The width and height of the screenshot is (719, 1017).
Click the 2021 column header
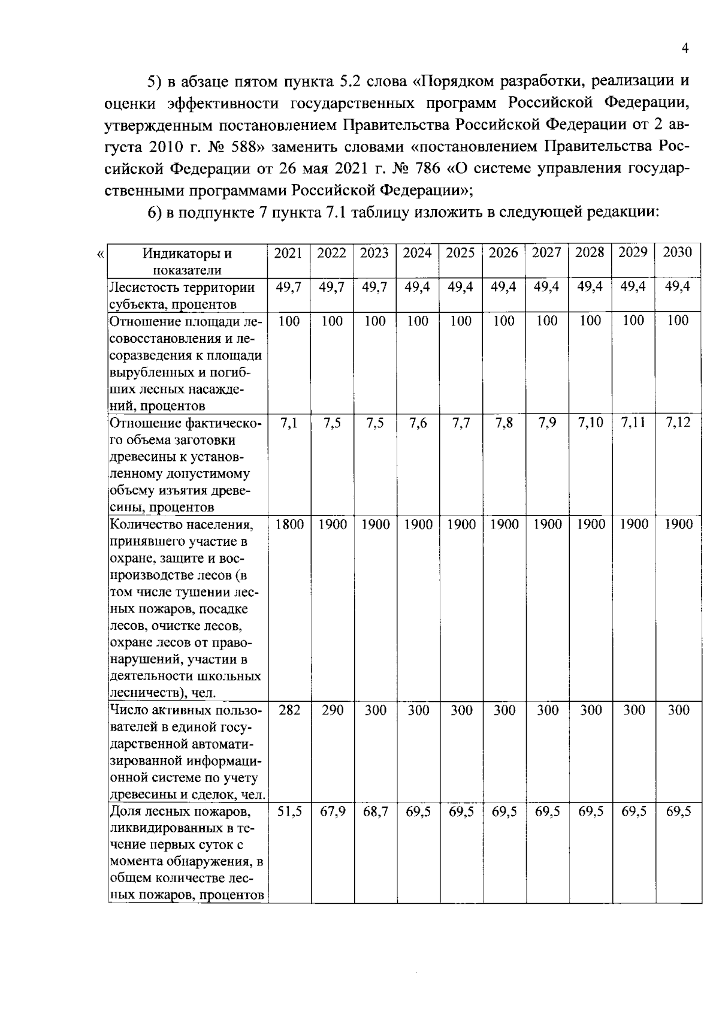click(288, 253)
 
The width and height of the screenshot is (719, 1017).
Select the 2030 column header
click(678, 252)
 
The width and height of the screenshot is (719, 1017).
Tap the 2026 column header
click(503, 253)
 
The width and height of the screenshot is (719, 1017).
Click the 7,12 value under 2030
click(678, 423)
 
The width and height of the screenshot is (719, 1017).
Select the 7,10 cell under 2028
click(590, 423)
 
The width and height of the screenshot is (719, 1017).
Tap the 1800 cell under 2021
click(289, 525)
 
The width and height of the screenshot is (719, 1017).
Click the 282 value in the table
click(289, 711)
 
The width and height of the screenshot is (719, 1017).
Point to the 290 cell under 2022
click(332, 711)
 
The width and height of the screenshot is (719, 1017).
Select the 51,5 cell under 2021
click(289, 813)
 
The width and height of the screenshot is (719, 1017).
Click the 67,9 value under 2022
click(332, 813)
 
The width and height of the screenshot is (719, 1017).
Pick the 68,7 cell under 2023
click(375, 813)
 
